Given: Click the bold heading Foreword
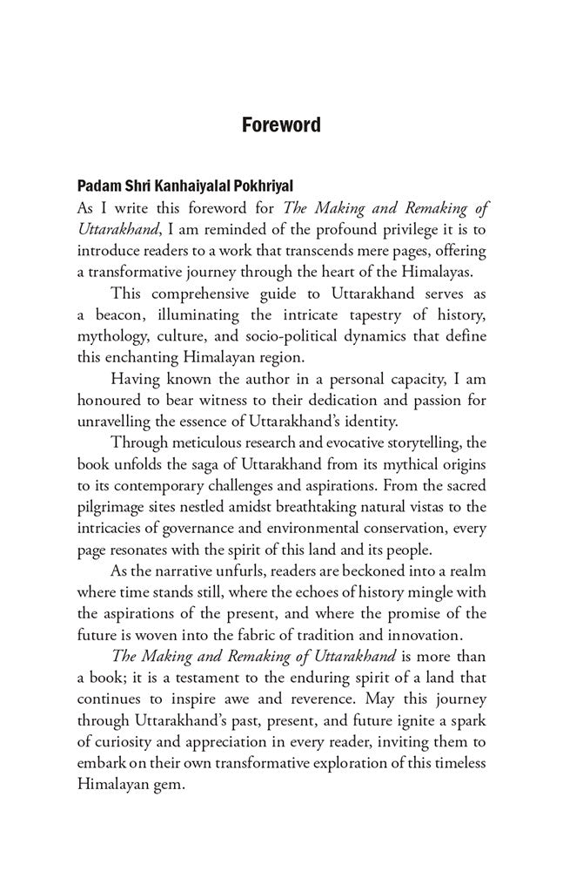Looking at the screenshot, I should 281,125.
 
